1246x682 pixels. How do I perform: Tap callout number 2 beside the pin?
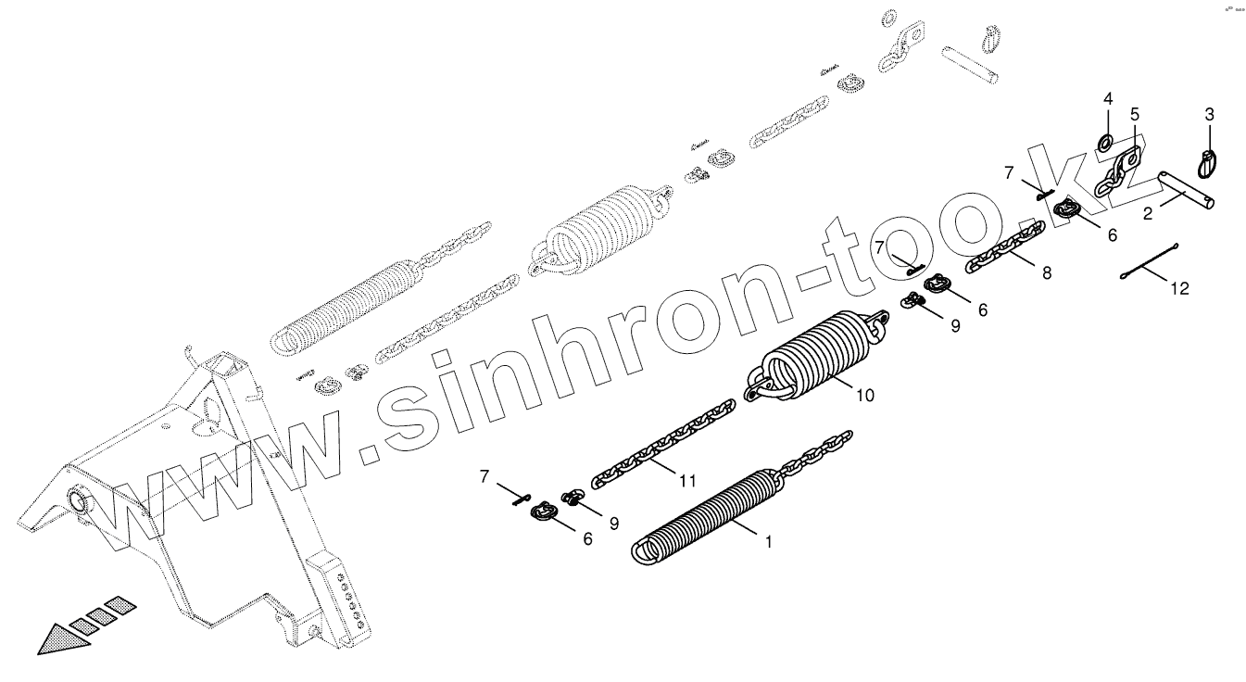click(x=1147, y=214)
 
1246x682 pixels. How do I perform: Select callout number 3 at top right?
click(x=1209, y=115)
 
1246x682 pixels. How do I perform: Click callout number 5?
click(x=1135, y=114)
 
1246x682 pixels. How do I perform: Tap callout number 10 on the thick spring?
click(x=863, y=396)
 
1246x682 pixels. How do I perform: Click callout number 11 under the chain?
click(x=686, y=480)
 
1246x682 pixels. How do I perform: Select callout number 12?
click(x=1178, y=288)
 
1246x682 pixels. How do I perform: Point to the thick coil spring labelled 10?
click(x=815, y=357)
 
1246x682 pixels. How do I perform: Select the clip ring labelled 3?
click(x=1208, y=163)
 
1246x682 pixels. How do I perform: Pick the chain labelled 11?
click(x=662, y=443)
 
